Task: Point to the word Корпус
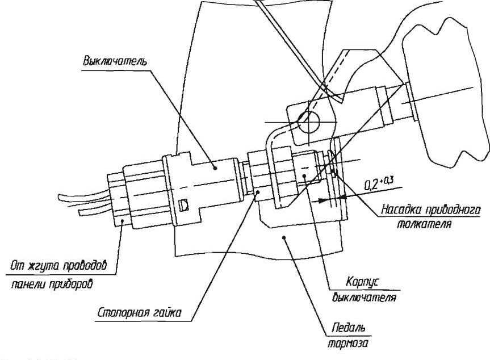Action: pos(359,282)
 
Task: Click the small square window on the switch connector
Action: pos(182,205)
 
